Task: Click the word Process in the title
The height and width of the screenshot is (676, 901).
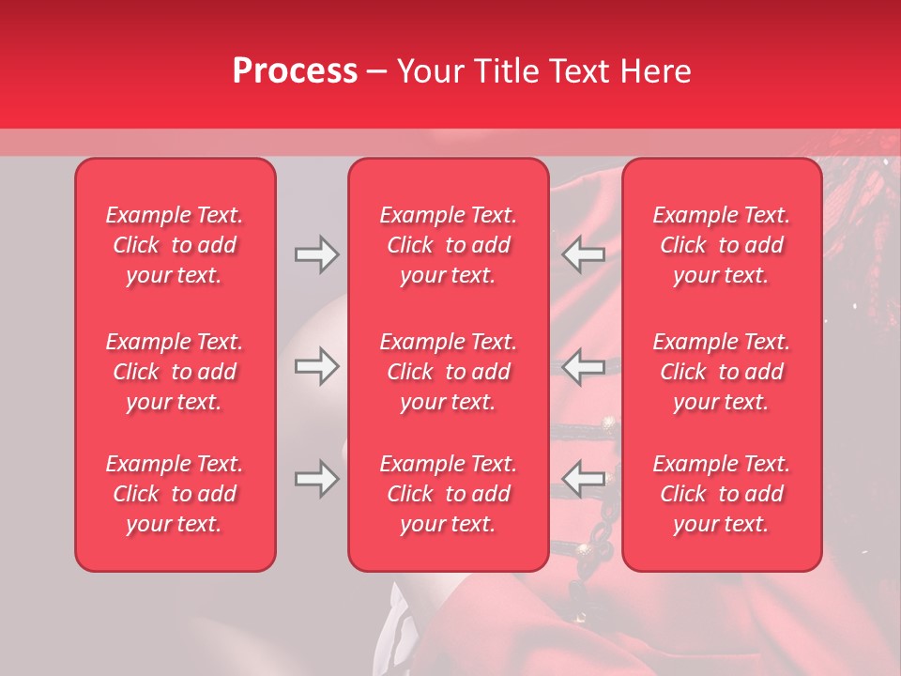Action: point(295,71)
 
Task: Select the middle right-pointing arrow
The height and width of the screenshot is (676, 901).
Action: point(316,366)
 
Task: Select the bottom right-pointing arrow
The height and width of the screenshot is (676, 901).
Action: point(316,479)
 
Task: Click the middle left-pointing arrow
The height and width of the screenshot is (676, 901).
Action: point(583,366)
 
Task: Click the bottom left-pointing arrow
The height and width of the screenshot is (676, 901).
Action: point(583,479)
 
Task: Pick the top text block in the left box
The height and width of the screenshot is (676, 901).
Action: point(175,245)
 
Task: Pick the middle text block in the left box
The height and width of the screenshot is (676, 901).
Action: point(175,372)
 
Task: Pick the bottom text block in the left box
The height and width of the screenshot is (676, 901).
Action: point(175,494)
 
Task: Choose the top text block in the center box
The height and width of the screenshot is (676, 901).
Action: point(448,245)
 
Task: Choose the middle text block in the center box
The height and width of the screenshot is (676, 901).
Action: point(448,372)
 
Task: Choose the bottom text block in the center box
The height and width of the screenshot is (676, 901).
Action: point(448,494)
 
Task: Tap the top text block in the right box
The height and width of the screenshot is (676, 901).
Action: point(721,245)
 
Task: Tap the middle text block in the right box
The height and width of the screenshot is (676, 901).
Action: point(721,372)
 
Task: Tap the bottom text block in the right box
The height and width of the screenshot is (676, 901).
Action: point(721,494)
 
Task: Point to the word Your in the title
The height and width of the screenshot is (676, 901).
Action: point(428,71)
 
